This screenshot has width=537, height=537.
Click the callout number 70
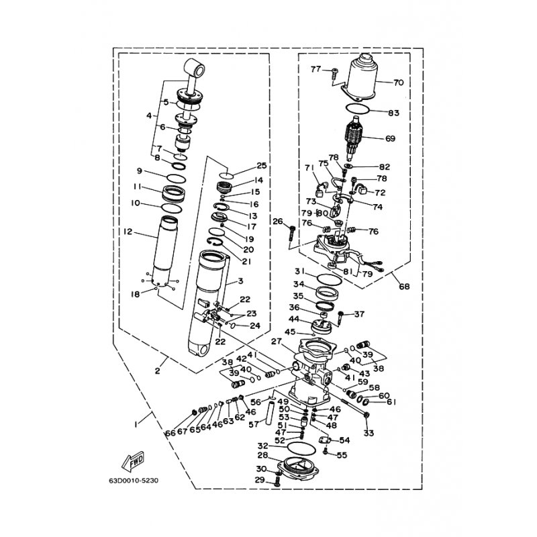coord(398,83)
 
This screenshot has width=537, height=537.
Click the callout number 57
coord(254,424)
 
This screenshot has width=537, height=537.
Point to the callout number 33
coord(369,433)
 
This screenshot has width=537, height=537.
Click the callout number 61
coord(391,403)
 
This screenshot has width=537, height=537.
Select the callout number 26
coord(277,222)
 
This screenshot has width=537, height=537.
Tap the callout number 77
coord(315,70)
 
